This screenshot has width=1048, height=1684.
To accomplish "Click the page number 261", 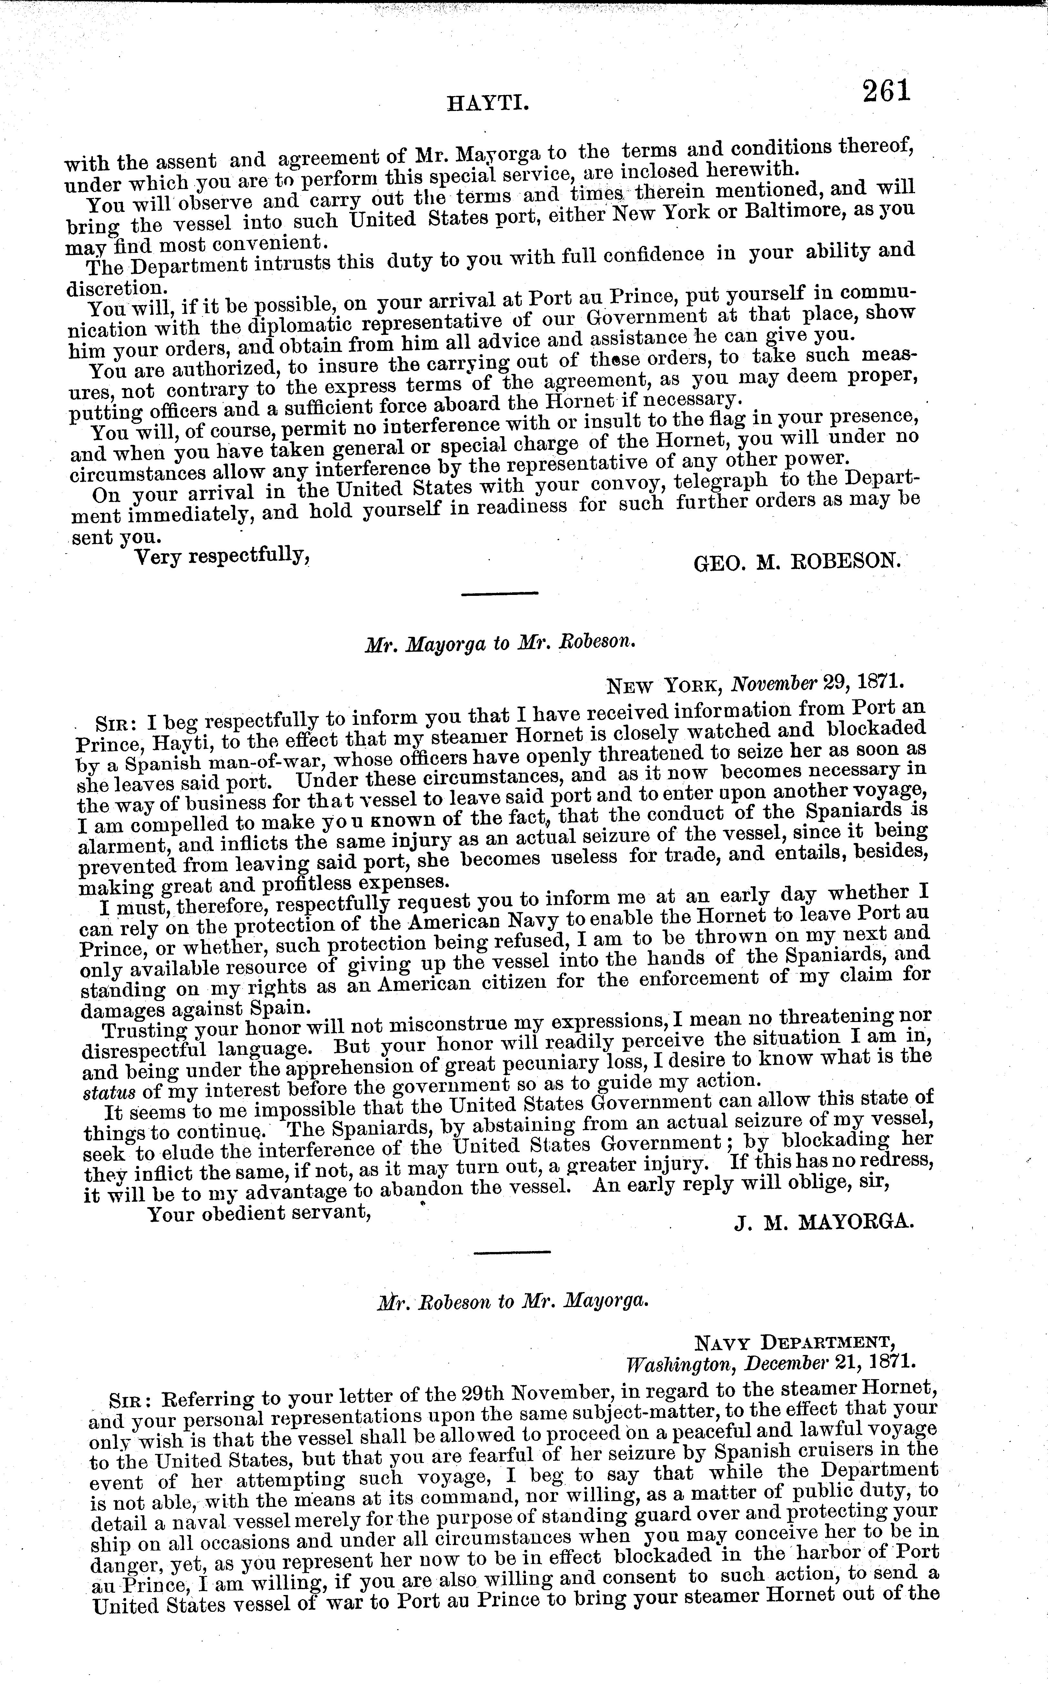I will tap(885, 91).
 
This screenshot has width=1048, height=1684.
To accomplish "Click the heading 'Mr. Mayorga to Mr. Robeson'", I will tap(500, 642).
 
